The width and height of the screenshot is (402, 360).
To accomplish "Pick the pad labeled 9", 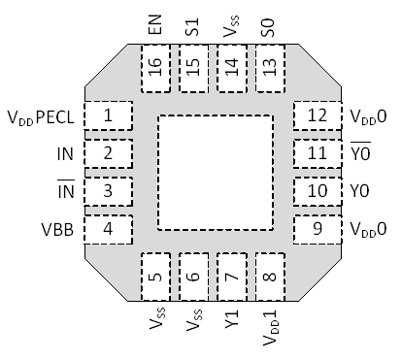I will (x=317, y=229).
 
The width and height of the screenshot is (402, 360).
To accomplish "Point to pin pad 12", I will (x=317, y=116).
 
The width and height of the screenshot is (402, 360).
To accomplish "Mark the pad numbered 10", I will (x=317, y=191).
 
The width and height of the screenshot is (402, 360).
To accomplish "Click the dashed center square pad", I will (x=213, y=173).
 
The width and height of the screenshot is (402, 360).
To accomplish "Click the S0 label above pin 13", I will (x=268, y=25).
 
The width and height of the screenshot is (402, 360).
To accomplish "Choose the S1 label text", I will (x=192, y=25).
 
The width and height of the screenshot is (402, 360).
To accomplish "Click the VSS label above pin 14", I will (x=230, y=25).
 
